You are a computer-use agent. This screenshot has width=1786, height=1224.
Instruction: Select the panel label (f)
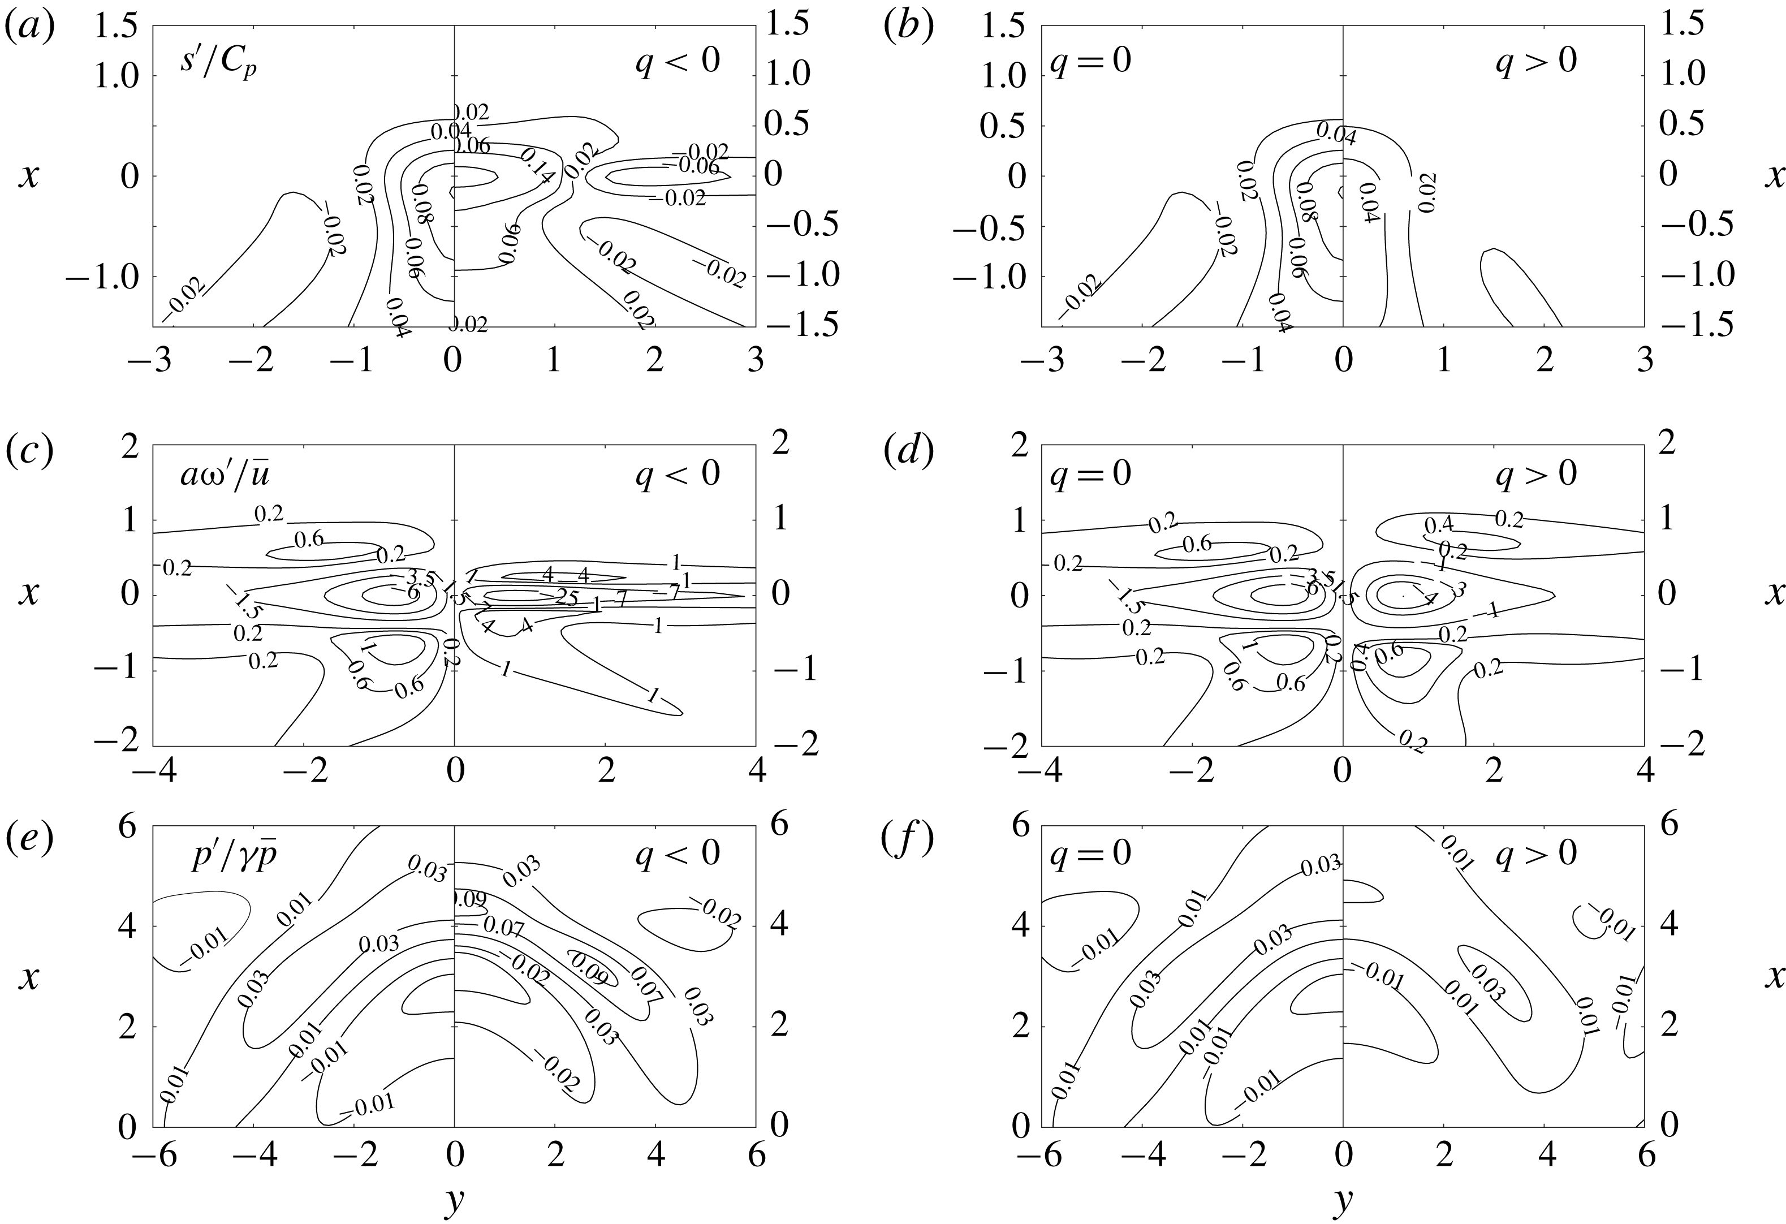tap(908, 839)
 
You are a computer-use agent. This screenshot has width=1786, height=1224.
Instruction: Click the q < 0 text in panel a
tap(677, 60)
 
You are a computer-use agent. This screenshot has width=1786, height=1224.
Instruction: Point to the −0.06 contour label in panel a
tap(694, 167)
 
